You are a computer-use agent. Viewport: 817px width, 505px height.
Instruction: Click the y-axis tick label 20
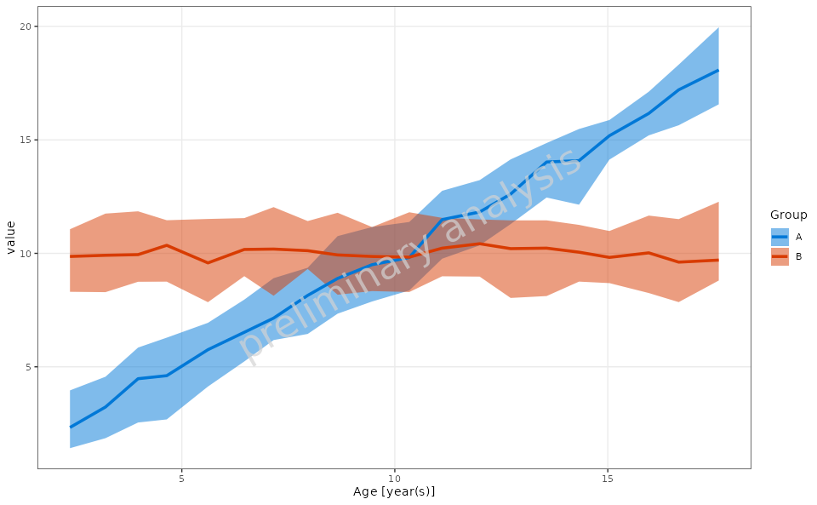26,26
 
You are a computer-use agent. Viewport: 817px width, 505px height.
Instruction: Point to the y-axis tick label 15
26,140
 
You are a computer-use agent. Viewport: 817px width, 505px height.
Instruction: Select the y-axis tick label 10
26,254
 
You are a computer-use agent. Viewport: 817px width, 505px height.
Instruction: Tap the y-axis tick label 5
28,367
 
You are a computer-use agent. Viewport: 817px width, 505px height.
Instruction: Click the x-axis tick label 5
181,478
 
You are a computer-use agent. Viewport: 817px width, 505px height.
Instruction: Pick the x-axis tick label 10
394,478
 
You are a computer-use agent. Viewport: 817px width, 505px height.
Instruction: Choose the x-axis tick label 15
608,478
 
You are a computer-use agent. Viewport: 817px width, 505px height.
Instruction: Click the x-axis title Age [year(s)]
394,491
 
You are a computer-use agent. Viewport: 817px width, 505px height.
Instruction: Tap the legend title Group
788,215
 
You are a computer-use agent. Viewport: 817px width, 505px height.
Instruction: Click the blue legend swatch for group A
780,237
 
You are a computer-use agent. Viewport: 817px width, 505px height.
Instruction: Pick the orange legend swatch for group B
780,256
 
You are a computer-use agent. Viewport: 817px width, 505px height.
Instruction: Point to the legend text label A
798,237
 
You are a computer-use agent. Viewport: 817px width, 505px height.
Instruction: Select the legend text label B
798,256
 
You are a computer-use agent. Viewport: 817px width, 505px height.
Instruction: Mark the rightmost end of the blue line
718,70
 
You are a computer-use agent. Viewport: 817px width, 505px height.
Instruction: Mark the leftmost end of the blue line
70,428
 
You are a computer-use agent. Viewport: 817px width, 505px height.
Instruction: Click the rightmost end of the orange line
718,260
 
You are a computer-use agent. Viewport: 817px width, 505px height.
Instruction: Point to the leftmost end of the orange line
70,256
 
